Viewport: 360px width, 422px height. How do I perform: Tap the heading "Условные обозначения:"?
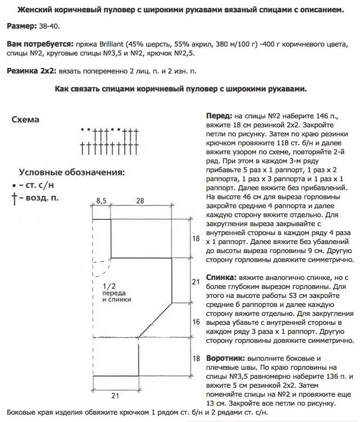[x=72, y=172]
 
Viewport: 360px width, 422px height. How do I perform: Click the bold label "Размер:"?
[x=22, y=26]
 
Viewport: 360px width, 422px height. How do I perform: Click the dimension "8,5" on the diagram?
[x=102, y=200]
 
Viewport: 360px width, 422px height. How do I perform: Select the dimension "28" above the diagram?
[x=139, y=200]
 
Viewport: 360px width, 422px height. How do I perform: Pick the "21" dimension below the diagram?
[x=114, y=396]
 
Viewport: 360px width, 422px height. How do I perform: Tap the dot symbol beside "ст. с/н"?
[x=13, y=185]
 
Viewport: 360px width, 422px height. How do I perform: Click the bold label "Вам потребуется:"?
[x=40, y=44]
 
